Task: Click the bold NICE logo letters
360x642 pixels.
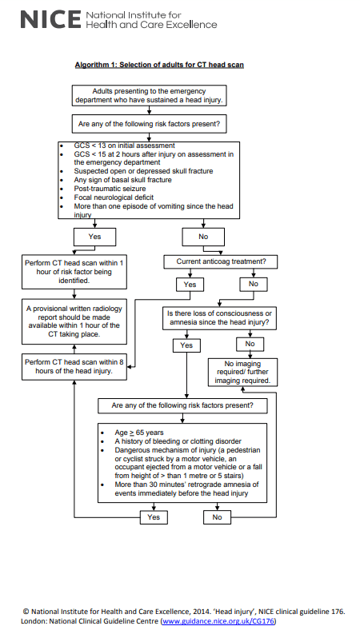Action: (50, 19)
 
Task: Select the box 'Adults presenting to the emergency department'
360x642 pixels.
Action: (149, 95)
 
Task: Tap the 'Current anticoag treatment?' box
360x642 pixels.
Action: (220, 261)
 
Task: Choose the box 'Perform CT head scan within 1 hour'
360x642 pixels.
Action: (74, 272)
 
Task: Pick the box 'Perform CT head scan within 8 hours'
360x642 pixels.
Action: (74, 367)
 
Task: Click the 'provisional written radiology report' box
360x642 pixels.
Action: (74, 321)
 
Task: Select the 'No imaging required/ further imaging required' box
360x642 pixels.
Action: (242, 373)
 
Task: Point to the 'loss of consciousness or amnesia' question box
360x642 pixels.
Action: (219, 318)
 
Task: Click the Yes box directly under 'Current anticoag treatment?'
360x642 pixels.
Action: (190, 285)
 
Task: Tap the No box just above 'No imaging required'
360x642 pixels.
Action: (250, 345)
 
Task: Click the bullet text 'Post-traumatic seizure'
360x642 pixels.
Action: (110, 189)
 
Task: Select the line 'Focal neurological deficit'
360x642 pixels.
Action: (114, 197)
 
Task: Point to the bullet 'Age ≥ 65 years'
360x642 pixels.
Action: (139, 433)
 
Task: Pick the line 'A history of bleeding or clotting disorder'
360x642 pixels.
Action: (178, 441)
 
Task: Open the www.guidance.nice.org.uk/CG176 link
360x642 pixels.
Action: (218, 621)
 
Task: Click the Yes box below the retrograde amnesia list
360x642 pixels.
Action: (154, 517)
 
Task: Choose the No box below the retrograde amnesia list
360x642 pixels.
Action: (217, 517)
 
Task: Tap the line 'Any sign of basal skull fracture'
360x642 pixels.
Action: (122, 180)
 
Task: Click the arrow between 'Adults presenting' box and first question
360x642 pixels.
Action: (149, 110)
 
